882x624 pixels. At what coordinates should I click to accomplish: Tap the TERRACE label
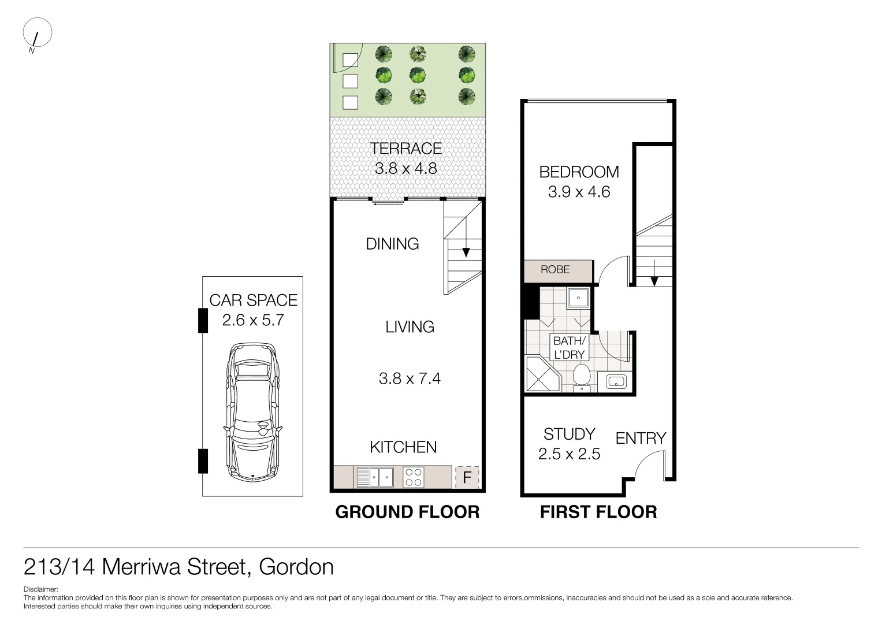(405, 148)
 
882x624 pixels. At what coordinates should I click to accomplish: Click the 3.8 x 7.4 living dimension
(410, 378)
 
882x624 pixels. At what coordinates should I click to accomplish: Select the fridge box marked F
(467, 478)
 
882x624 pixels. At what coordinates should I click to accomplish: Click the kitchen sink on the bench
(375, 477)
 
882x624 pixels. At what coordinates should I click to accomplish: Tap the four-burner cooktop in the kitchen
(413, 477)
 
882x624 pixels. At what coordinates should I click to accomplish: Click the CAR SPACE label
(253, 300)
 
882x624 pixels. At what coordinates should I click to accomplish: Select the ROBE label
(555, 270)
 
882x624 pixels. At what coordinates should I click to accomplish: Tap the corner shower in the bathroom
(541, 375)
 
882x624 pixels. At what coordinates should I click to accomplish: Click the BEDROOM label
(579, 172)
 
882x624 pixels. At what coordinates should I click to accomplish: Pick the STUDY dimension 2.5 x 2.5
(569, 454)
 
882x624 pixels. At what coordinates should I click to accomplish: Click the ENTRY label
(641, 439)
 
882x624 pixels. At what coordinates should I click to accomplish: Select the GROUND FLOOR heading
(407, 512)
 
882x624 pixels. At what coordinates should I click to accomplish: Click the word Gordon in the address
(296, 567)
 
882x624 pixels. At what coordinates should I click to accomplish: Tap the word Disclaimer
(40, 590)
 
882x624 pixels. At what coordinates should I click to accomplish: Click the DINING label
(392, 244)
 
